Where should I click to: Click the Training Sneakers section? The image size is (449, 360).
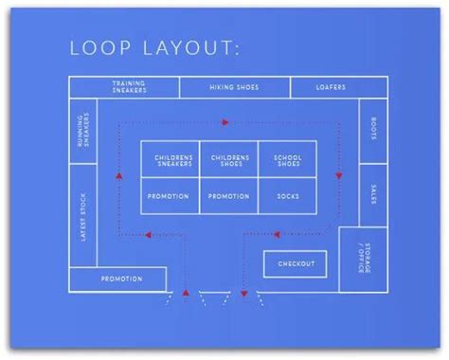(x=128, y=87)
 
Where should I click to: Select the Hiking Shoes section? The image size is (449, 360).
(x=233, y=87)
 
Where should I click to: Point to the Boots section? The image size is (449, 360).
(x=373, y=128)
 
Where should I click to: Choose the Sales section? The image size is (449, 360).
(x=373, y=191)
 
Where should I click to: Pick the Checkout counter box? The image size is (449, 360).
(x=296, y=262)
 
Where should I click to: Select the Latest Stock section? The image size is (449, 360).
(x=84, y=218)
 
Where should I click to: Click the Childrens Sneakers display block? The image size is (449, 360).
(x=171, y=160)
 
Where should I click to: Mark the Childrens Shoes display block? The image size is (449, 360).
(x=228, y=160)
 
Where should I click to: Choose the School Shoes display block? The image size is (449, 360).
(x=287, y=160)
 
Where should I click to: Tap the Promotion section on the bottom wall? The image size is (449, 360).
(x=121, y=279)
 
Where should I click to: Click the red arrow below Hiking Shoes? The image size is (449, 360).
(x=225, y=121)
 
